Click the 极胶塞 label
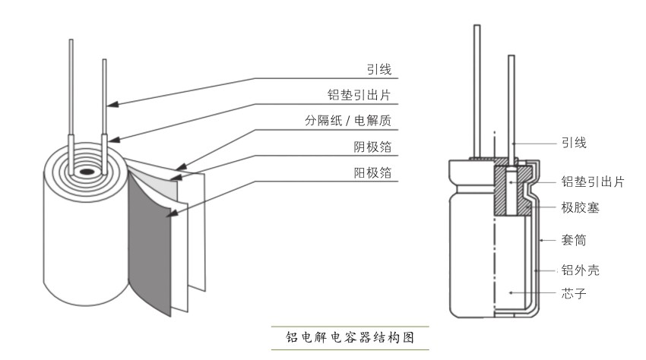(579, 207)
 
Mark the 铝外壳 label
(579, 270)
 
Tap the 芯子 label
(573, 292)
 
